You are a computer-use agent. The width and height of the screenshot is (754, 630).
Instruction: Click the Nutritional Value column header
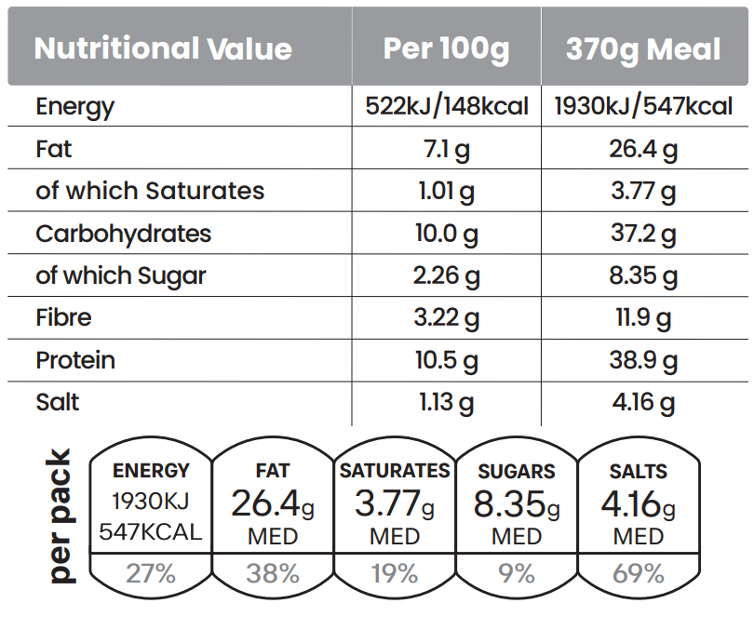click(163, 48)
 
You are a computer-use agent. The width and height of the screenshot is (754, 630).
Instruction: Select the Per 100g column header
click(446, 48)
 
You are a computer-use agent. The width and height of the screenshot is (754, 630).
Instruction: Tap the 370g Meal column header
click(643, 48)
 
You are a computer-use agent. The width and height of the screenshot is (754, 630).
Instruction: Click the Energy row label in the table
click(75, 106)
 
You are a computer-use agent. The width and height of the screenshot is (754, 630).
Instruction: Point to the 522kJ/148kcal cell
click(446, 106)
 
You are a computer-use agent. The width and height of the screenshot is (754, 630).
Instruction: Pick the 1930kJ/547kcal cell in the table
click(643, 106)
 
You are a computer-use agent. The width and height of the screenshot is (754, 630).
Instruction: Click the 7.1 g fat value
click(446, 149)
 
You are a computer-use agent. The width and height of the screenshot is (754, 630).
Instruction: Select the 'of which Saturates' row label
click(150, 191)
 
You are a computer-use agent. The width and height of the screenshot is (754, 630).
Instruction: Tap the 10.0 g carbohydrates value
click(446, 234)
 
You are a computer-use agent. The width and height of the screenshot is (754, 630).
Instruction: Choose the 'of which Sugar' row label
click(121, 275)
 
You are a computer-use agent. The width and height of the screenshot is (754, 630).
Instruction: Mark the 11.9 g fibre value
click(643, 317)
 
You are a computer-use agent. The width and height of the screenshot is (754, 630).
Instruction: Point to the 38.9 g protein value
click(643, 360)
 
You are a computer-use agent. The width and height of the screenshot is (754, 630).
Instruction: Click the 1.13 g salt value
click(446, 402)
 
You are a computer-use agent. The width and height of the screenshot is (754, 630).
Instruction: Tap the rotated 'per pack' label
click(60, 516)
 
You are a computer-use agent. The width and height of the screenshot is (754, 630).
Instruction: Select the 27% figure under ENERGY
click(151, 573)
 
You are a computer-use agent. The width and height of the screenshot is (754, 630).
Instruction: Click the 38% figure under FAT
click(273, 573)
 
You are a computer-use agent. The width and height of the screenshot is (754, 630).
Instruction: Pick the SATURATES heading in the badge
click(395, 471)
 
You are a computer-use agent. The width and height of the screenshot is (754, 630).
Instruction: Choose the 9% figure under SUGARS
click(517, 573)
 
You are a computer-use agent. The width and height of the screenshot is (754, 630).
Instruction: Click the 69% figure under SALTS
click(639, 573)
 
